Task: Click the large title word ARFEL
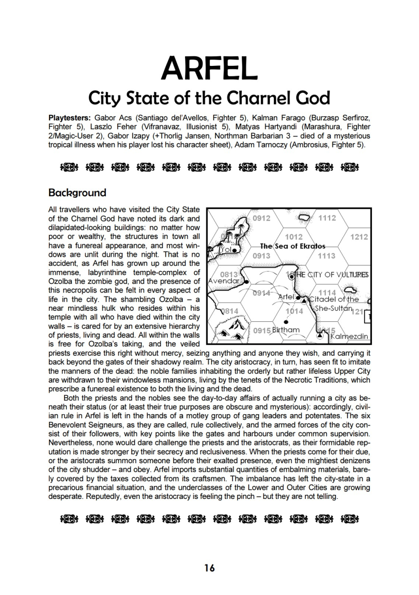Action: pyautogui.click(x=209, y=68)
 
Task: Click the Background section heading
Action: pyautogui.click(x=77, y=193)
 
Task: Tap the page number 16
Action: pyautogui.click(x=209, y=568)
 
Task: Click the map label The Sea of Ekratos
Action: pyautogui.click(x=293, y=246)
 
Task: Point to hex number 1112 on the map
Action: pyautogui.click(x=327, y=218)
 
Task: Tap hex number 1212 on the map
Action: pyautogui.click(x=359, y=237)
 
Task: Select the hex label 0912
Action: pyautogui.click(x=261, y=218)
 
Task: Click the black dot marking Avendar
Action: pyautogui.click(x=246, y=282)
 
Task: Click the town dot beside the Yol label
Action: pyautogui.click(x=235, y=250)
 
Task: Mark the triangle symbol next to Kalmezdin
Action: pyautogui.click(x=320, y=336)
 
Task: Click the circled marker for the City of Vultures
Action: pyautogui.click(x=292, y=276)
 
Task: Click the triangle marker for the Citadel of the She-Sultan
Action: pyautogui.click(x=304, y=300)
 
